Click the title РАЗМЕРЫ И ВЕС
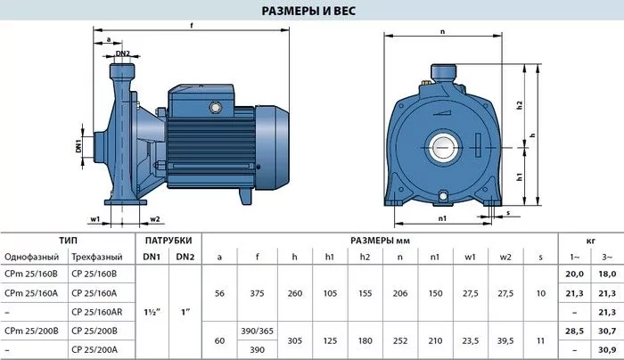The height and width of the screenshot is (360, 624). tap(308, 11)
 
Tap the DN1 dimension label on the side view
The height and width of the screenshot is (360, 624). tap(78, 146)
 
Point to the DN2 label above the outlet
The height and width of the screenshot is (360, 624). tap(123, 53)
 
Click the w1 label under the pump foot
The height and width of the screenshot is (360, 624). tap(94, 219)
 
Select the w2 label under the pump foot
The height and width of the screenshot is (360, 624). tap(155, 219)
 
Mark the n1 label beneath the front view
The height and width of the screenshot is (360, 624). tap(442, 218)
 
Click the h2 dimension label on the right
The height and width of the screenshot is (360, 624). tap(519, 105)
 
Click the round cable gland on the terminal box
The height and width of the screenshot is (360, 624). tap(216, 108)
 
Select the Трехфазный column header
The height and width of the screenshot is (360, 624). tap(96, 257)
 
